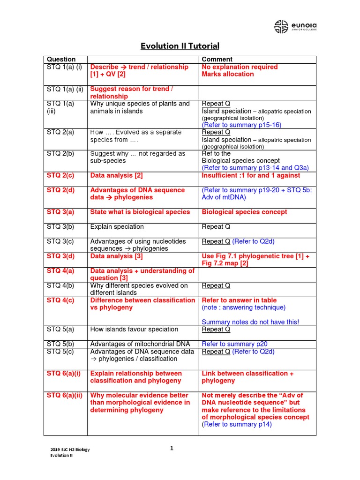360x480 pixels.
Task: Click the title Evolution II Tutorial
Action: (180, 46)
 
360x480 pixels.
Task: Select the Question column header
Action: (60, 60)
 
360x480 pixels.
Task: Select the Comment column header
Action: (217, 60)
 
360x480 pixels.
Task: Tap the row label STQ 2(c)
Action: (61, 175)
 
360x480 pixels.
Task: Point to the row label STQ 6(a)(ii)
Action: (65, 395)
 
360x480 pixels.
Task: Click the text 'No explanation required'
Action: (240, 67)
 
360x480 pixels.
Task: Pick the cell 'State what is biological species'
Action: (140, 212)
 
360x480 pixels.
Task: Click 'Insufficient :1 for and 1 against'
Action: (251, 175)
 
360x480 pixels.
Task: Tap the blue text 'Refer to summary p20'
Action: (234, 344)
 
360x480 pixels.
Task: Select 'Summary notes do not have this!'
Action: (250, 322)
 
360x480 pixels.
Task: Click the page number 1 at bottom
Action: (172, 449)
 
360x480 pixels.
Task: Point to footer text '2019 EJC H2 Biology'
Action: (70, 450)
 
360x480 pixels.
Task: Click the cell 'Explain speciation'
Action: (117, 227)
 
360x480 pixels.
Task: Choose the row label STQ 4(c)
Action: (61, 300)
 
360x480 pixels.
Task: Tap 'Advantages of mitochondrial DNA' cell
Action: (139, 344)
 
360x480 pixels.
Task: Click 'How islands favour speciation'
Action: (134, 329)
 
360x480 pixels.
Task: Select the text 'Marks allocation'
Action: (228, 74)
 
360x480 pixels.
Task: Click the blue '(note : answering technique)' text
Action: (243, 307)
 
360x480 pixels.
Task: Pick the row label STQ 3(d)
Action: (61, 256)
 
